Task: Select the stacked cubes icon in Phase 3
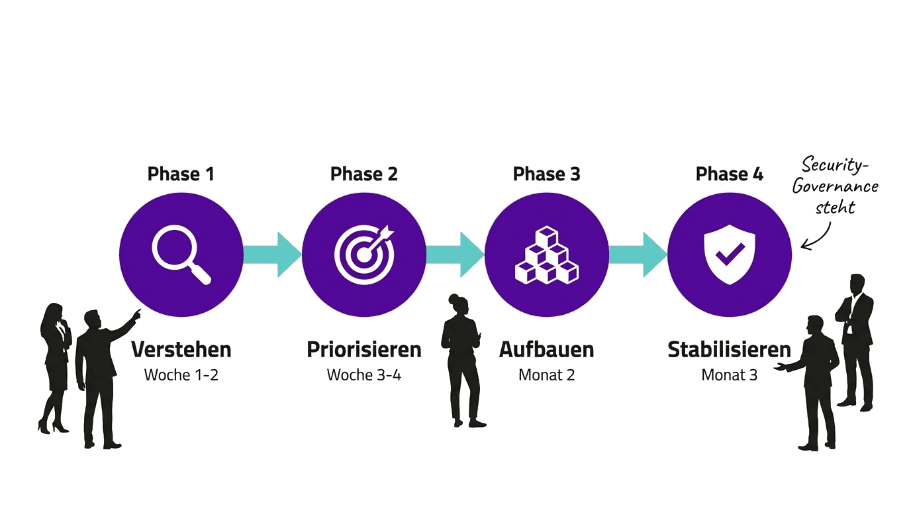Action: tap(546, 255)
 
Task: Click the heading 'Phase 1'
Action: tap(181, 174)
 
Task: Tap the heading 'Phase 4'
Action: tap(729, 174)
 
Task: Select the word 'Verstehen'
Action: tap(181, 349)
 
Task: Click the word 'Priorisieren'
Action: tap(363, 349)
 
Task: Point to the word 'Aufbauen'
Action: tap(546, 349)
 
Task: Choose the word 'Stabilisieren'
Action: tap(729, 349)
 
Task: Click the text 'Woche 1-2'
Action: tap(181, 375)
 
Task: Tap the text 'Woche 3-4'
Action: tap(363, 375)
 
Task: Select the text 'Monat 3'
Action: tap(729, 375)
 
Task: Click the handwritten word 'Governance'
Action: tap(835, 186)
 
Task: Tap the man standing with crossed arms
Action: tap(856, 338)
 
